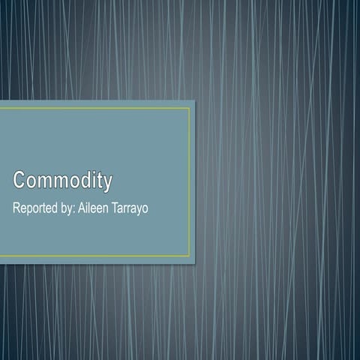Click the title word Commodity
[62, 181]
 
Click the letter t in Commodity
[100, 181]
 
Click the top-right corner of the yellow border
[189, 109]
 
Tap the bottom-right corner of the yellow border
[189, 256]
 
